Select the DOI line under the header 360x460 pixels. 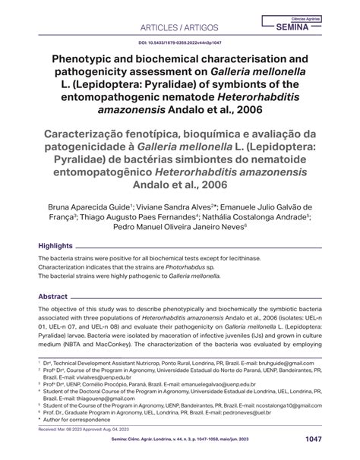pyautogui.click(x=180, y=44)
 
